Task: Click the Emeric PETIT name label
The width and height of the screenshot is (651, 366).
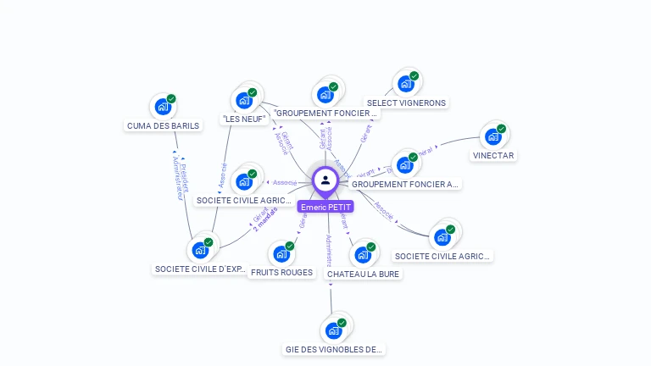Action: click(x=325, y=207)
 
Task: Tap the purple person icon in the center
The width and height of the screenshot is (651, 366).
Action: click(x=325, y=180)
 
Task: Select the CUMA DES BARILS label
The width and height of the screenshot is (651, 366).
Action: click(x=164, y=125)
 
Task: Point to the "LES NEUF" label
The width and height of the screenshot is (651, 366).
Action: click(x=244, y=119)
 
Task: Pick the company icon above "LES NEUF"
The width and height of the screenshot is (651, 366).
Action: click(x=245, y=99)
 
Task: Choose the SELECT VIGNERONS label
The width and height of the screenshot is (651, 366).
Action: click(x=406, y=103)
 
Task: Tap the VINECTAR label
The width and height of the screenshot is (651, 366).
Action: click(x=494, y=155)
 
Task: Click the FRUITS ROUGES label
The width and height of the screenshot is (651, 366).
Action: click(x=282, y=273)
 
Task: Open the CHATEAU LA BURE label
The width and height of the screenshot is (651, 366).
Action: click(x=364, y=274)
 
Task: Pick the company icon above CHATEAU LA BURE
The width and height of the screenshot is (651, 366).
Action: click(x=363, y=254)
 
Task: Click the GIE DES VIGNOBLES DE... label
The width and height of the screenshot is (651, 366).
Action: click(x=334, y=349)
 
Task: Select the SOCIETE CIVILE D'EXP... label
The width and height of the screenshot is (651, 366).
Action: click(x=201, y=269)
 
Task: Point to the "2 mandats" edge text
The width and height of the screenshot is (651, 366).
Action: click(x=264, y=218)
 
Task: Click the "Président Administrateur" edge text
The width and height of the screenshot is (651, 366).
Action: click(x=181, y=178)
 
